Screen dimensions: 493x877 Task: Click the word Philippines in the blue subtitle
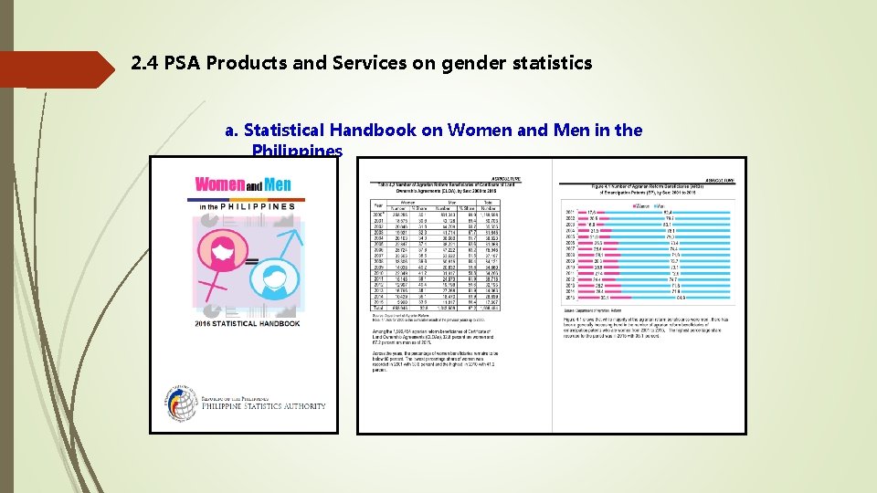click(x=297, y=151)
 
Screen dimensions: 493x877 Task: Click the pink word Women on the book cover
click(x=220, y=184)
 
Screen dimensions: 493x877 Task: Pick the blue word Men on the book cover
click(x=278, y=184)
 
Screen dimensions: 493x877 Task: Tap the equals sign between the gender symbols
click(x=251, y=262)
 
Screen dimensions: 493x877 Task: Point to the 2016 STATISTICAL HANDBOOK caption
click(x=247, y=323)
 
